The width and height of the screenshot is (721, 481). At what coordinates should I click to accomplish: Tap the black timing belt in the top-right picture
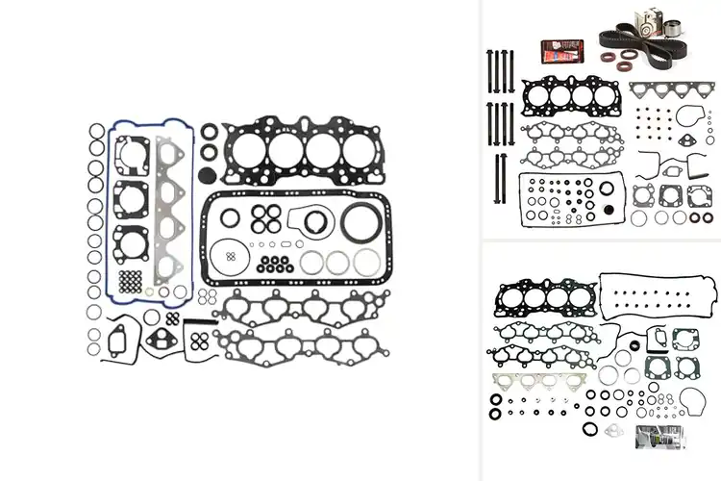[625, 43]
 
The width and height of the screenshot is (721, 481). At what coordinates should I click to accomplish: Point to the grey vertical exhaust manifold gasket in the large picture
[169, 212]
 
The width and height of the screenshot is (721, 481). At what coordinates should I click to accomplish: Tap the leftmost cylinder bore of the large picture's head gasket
[249, 149]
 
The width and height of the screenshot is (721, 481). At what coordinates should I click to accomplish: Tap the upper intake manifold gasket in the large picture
[299, 308]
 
